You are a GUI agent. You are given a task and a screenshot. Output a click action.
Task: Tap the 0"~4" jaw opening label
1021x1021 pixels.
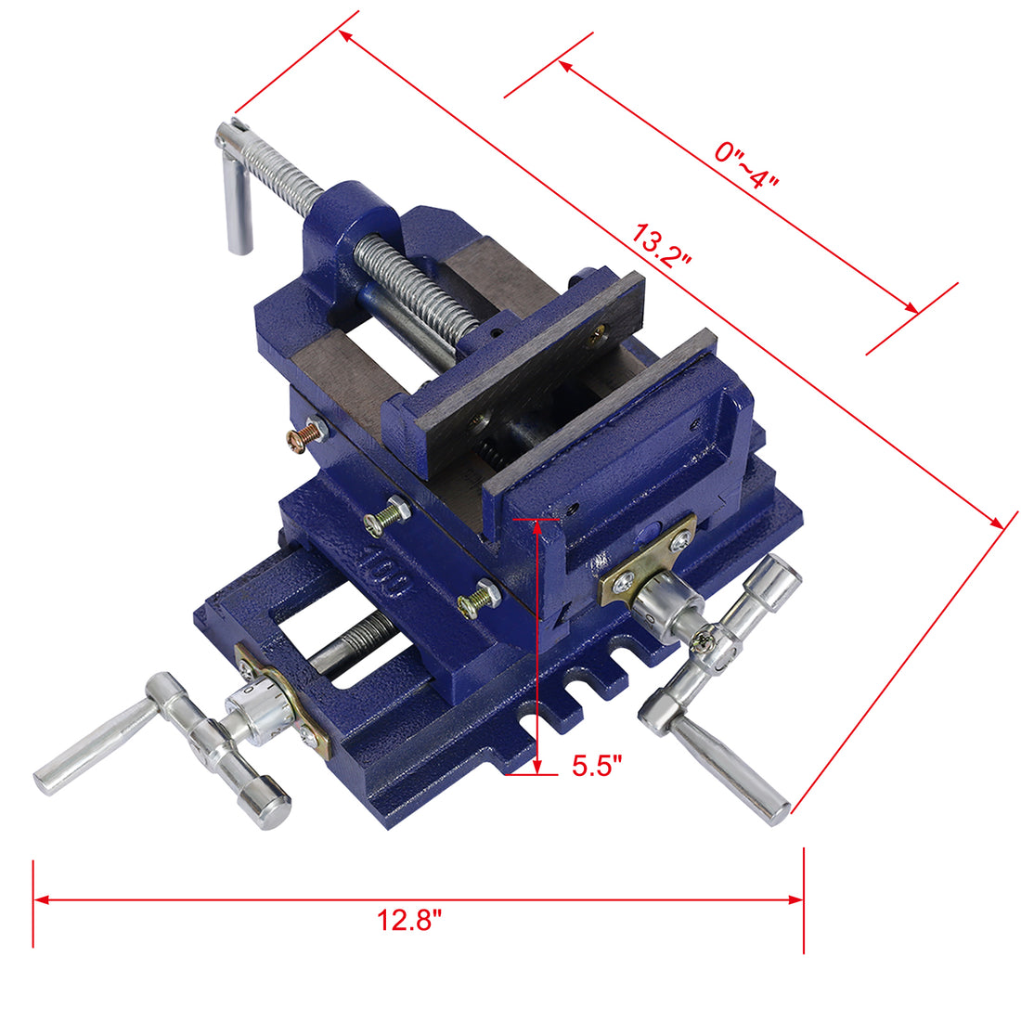coord(746,165)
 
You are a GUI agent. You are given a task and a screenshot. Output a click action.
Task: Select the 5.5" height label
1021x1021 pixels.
coord(597,766)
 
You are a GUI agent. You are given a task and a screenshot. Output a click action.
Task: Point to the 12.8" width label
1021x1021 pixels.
coord(409,921)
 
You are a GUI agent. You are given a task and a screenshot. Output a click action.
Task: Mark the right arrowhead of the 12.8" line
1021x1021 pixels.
coord(796,899)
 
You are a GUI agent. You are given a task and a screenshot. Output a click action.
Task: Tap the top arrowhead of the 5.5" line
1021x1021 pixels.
coord(536,523)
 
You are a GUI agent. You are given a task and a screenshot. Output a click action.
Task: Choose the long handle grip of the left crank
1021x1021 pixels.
coord(93,748)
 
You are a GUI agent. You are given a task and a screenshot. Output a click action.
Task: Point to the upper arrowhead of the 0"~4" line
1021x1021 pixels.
coord(564,66)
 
